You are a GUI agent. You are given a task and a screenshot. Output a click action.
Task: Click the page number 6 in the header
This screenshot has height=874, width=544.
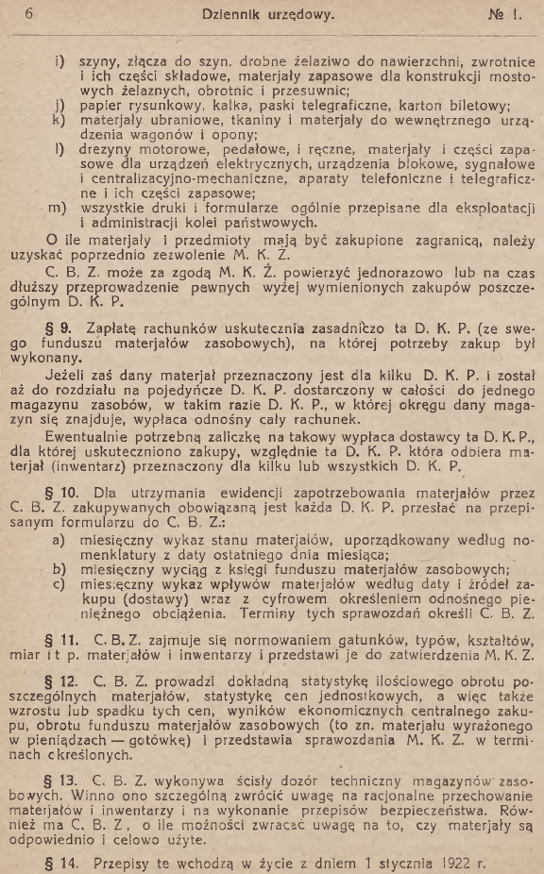pyautogui.click(x=30, y=13)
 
